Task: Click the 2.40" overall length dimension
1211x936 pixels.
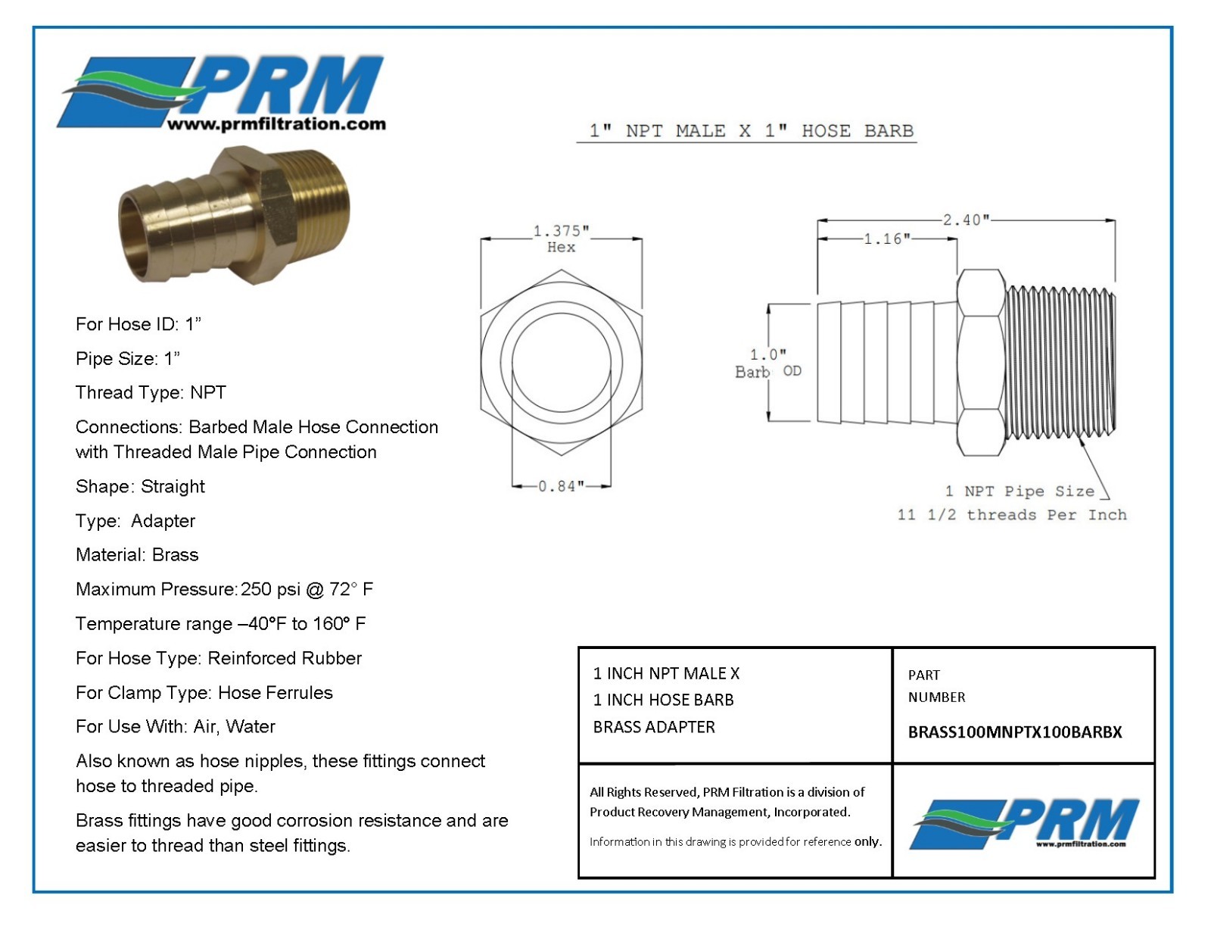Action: (965, 220)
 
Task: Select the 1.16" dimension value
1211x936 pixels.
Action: (886, 239)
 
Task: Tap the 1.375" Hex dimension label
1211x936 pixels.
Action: (561, 239)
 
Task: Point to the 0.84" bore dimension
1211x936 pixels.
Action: (561, 486)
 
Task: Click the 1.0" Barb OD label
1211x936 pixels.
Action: (768, 363)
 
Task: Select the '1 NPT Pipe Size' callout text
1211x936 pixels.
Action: (1020, 491)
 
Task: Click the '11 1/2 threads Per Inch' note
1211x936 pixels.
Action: (1011, 514)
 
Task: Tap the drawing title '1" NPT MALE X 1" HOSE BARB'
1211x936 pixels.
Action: (752, 131)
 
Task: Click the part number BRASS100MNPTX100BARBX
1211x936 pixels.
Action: (1014, 732)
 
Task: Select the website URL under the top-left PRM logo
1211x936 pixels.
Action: (276, 123)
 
